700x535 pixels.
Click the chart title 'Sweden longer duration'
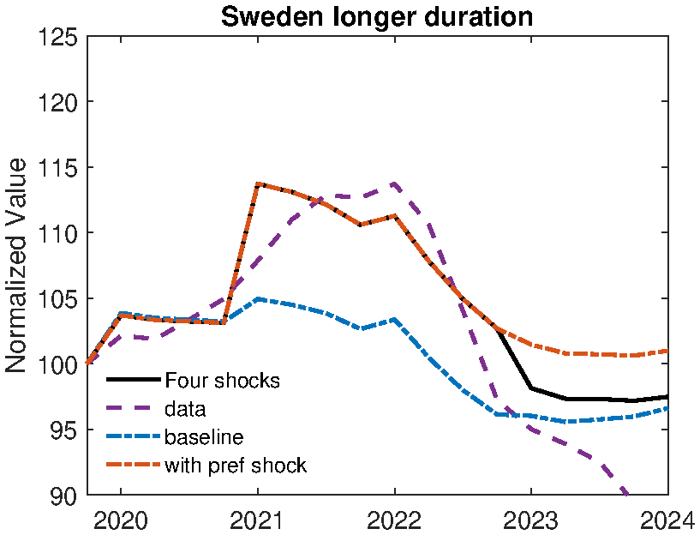point(377,16)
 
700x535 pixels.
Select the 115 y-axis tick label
point(58,168)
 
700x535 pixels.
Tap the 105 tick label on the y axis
point(58,299)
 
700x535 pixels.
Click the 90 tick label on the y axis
point(65,496)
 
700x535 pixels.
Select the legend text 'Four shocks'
point(222,380)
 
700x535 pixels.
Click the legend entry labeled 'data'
point(185,409)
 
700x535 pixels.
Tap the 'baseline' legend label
point(204,437)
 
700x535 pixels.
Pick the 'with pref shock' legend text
point(235,466)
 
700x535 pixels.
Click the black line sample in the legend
point(133,379)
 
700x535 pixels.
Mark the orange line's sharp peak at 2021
point(258,183)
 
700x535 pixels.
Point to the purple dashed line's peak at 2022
point(394,183)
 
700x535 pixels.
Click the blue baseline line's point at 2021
point(258,299)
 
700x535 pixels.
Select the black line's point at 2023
point(531,388)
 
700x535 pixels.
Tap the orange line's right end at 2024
point(667,351)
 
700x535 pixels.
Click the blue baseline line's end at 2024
point(667,408)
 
